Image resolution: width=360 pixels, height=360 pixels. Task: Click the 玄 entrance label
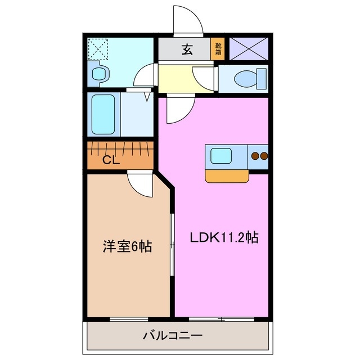pyautogui.click(x=187, y=49)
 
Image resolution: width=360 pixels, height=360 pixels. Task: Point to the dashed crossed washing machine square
pyautogui.click(x=100, y=49)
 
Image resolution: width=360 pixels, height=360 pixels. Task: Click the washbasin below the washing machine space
pyautogui.click(x=99, y=73)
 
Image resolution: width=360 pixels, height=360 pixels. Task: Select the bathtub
pyautogui.click(x=103, y=114)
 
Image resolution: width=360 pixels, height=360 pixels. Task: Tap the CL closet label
pyautogui.click(x=111, y=160)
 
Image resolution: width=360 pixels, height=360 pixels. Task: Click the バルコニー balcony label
pyautogui.click(x=172, y=336)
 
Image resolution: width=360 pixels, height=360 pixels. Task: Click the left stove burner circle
pyautogui.click(x=255, y=156)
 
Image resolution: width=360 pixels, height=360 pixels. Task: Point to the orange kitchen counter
pyautogui.click(x=228, y=175)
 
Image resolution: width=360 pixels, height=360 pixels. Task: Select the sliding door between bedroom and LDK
pyautogui.click(x=172, y=245)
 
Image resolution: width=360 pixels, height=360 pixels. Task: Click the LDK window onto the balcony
pyautogui.click(x=222, y=319)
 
